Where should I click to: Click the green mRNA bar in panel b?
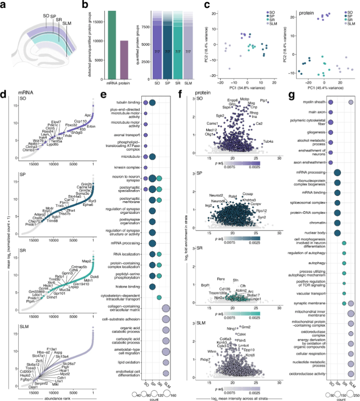[112, 42]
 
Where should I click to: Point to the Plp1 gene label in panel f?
[264, 100]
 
